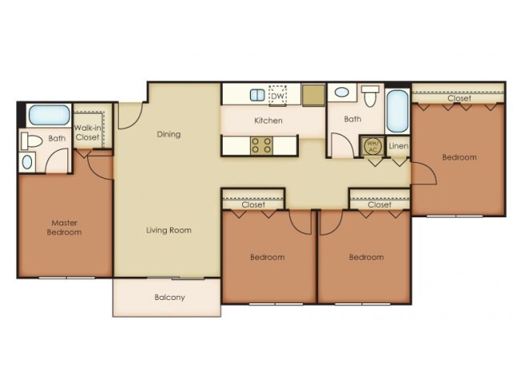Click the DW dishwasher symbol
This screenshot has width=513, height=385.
[x=277, y=96]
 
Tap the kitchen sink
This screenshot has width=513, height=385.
[x=257, y=95]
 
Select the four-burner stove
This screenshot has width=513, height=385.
[x=262, y=146]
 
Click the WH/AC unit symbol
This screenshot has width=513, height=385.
[x=373, y=146]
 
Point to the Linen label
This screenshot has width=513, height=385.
[x=398, y=146]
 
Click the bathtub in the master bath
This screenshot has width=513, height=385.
[x=49, y=115]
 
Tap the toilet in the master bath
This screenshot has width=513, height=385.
[x=31, y=141]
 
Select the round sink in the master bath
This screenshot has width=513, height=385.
[x=27, y=162]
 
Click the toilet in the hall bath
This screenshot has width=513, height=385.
[x=370, y=96]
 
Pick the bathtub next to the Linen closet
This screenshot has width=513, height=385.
[x=398, y=111]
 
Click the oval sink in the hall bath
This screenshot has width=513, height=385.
[x=342, y=92]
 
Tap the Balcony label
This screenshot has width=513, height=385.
[x=170, y=298]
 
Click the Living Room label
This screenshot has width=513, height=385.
[x=169, y=230]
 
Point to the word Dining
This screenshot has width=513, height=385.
[x=168, y=134]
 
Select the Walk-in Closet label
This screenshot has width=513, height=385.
[x=87, y=132]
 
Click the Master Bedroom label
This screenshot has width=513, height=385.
[x=64, y=228]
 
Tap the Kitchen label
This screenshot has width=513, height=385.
[x=269, y=120]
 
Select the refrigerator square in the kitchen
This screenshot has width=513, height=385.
[x=313, y=95]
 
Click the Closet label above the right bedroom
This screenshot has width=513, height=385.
[x=459, y=98]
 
